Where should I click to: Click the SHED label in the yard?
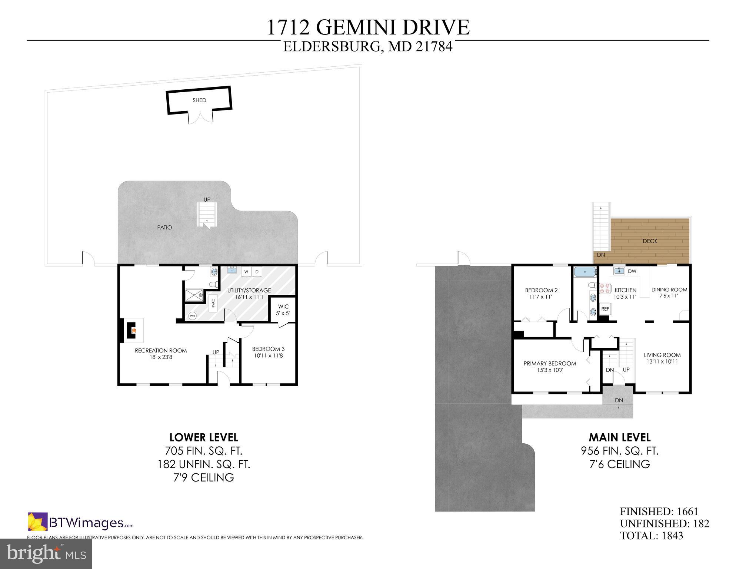click(199, 100)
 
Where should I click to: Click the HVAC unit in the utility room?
click(213, 304)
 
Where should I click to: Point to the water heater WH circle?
click(192, 316)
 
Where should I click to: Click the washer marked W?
click(246, 272)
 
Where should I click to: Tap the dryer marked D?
click(257, 272)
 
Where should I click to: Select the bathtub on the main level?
click(585, 272)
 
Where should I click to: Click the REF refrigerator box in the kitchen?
click(605, 309)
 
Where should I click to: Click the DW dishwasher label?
click(632, 271)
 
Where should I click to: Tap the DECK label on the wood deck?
click(650, 241)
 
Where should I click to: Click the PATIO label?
click(164, 227)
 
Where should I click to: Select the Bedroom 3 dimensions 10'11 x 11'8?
click(268, 355)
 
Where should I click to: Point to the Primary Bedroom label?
click(550, 363)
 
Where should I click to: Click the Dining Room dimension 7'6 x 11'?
click(669, 296)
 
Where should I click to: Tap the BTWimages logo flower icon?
click(37, 522)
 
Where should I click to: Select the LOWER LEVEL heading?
click(203, 437)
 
